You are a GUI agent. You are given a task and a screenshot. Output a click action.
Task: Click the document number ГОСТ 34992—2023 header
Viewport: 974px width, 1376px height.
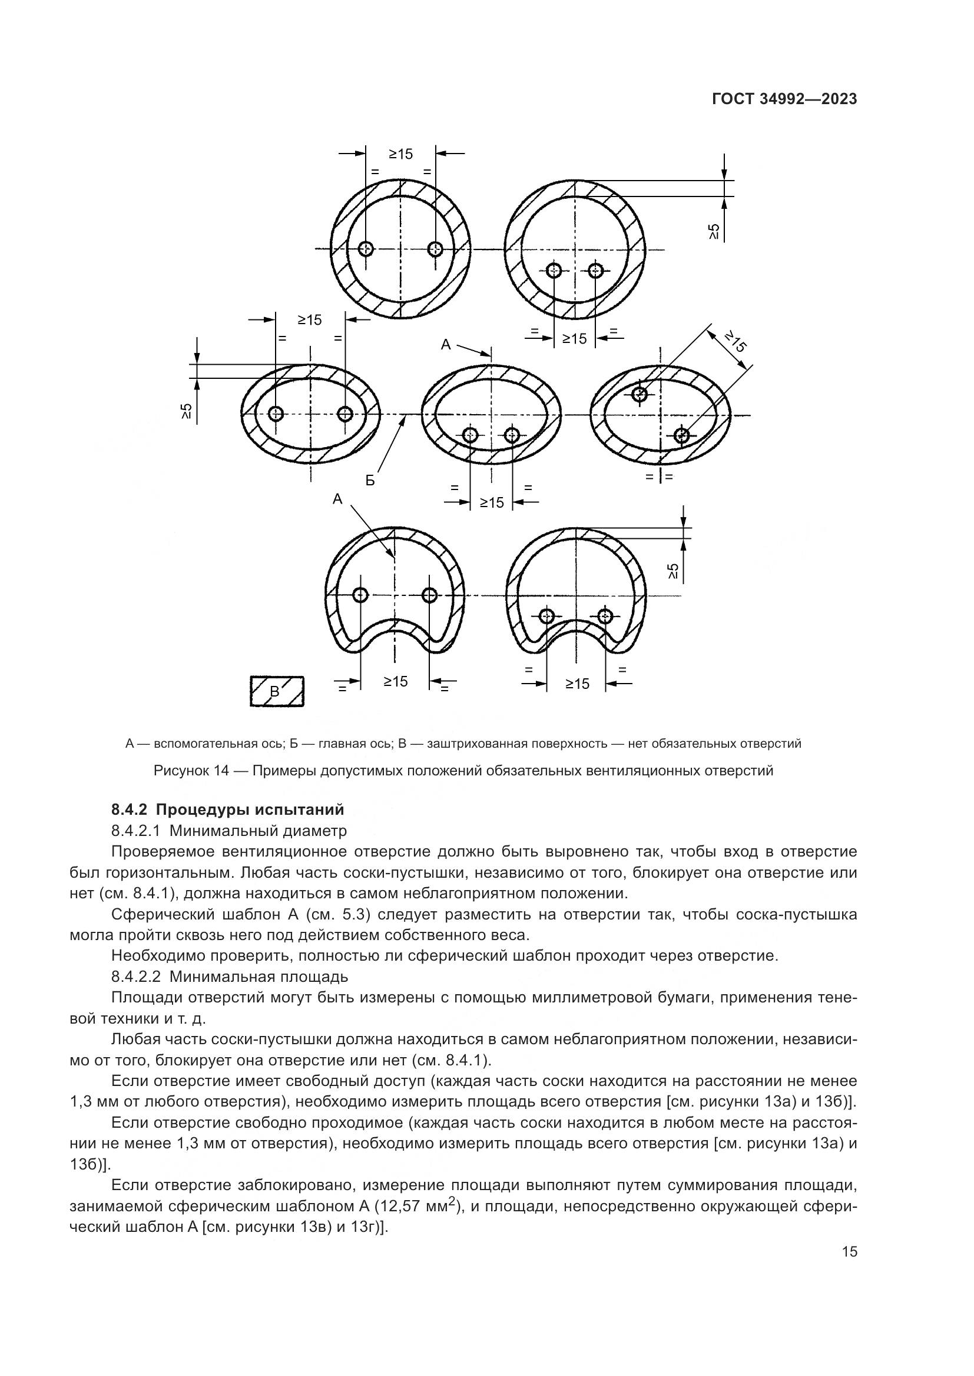click(x=784, y=99)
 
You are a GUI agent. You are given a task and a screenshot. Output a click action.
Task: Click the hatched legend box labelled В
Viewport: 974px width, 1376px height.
click(x=277, y=691)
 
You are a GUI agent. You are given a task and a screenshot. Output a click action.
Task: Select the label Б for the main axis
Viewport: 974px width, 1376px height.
click(x=370, y=480)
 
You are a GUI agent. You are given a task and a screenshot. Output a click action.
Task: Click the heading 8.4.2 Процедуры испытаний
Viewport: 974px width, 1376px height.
click(x=228, y=809)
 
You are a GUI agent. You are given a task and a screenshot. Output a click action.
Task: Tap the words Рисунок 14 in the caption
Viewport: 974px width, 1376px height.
click(x=191, y=771)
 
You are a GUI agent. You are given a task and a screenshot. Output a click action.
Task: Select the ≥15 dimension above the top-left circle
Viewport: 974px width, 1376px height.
click(x=400, y=154)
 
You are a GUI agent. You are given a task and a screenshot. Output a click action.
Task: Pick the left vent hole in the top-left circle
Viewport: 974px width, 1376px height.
click(x=366, y=248)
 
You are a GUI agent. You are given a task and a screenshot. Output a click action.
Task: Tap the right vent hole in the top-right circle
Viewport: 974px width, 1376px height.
click(x=595, y=270)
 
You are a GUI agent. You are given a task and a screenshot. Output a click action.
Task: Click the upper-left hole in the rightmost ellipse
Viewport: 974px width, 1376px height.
click(x=640, y=394)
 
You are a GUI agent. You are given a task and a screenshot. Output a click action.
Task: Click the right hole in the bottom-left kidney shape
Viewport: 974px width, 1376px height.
click(x=429, y=595)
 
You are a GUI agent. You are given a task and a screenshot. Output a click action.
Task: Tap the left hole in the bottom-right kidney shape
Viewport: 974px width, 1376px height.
click(x=546, y=615)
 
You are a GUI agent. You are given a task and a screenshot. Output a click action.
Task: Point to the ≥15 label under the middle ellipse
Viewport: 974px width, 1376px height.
click(x=492, y=502)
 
